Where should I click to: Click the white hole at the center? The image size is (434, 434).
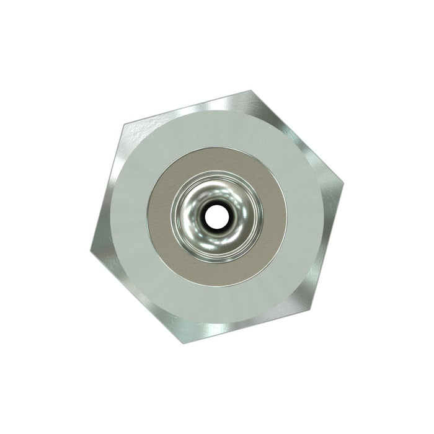pos(216,216)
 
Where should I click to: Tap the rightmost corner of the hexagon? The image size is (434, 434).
pos(343,184)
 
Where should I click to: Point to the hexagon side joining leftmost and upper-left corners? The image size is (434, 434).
pos(106,187)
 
